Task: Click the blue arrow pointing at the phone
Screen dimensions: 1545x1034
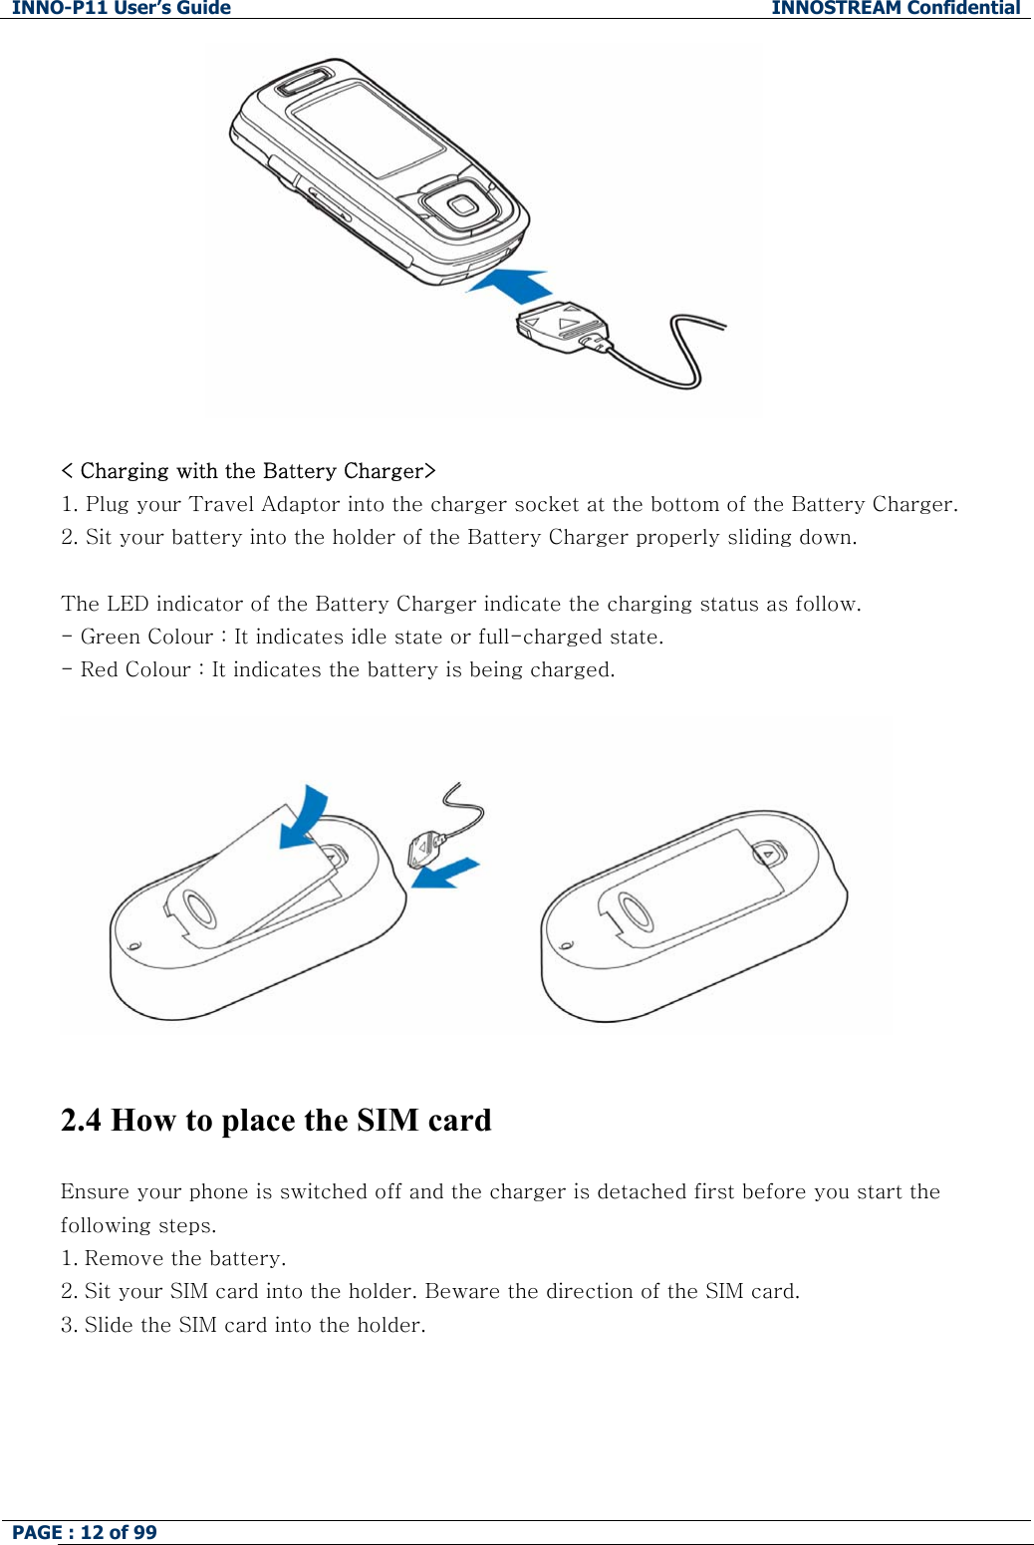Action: click(x=510, y=285)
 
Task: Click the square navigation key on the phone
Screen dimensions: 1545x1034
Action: click(x=461, y=206)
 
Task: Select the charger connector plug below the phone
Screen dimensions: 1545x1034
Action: click(x=562, y=326)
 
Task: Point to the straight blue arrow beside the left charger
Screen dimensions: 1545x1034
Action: click(x=445, y=873)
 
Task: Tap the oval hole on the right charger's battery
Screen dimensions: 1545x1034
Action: click(x=632, y=910)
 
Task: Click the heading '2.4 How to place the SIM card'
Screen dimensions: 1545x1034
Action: click(x=276, y=1120)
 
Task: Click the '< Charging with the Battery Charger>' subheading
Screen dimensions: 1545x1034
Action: click(x=248, y=470)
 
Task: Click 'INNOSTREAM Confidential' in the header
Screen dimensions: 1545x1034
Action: click(x=896, y=8)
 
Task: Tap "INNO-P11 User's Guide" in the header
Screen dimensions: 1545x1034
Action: click(x=122, y=8)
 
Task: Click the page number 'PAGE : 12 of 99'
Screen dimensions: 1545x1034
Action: click(x=85, y=1532)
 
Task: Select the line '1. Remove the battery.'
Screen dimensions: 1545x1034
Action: click(x=172, y=1258)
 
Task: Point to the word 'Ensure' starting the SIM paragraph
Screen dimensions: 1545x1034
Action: click(x=95, y=1191)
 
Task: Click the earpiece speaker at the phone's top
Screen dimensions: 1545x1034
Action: click(x=304, y=81)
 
